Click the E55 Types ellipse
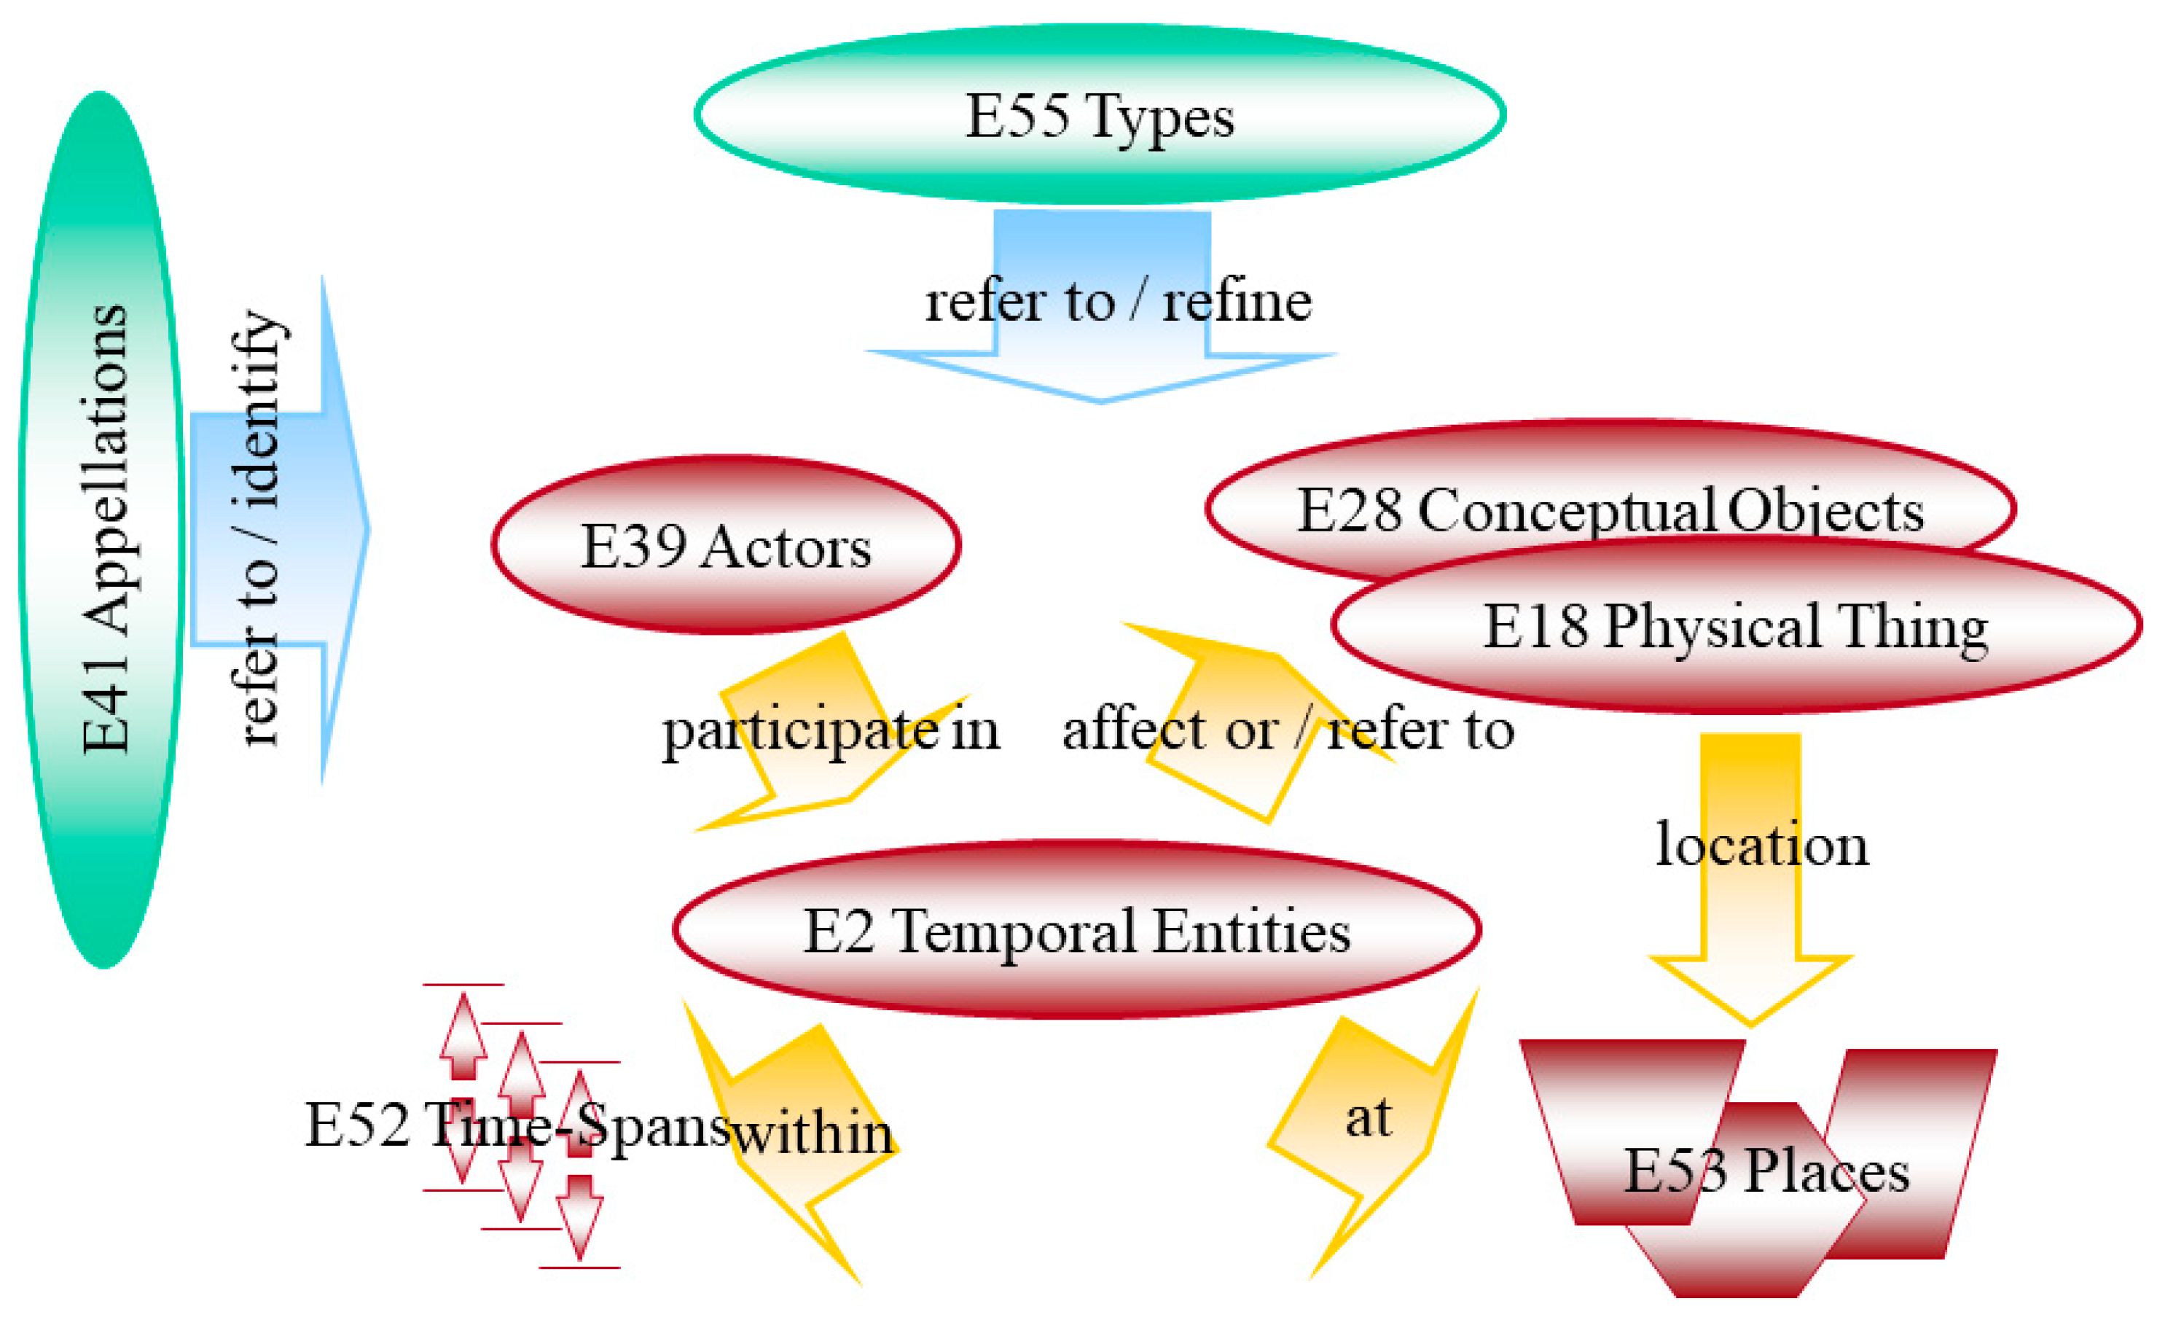pos(1100,114)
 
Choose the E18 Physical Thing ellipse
pos(1736,626)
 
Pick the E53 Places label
pos(1766,1171)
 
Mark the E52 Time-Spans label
pos(517,1124)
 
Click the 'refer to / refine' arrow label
pos(1118,302)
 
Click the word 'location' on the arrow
pos(1761,845)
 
